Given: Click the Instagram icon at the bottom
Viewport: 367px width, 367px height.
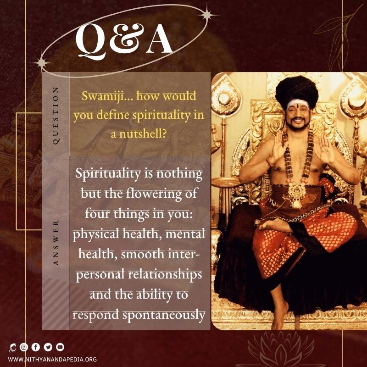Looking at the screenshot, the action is (x=24, y=347).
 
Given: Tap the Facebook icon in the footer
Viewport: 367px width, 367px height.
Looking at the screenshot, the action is (x=36, y=347).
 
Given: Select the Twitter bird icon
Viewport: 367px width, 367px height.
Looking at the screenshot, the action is (x=48, y=347).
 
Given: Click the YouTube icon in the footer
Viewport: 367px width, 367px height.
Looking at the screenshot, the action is (x=60, y=347).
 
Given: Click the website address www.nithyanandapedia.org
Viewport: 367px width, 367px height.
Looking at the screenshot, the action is (x=52, y=359).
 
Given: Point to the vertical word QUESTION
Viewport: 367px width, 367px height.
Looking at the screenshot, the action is (x=56, y=116).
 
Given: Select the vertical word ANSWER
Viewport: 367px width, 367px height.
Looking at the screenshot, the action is (x=56, y=243).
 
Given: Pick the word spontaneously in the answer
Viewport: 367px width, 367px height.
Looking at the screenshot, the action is (x=164, y=315).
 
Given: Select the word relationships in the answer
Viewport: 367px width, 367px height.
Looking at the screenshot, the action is (x=165, y=275).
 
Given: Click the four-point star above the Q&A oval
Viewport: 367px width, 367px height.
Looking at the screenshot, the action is (x=207, y=15).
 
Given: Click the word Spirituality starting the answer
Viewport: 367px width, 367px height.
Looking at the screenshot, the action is (x=108, y=174).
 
